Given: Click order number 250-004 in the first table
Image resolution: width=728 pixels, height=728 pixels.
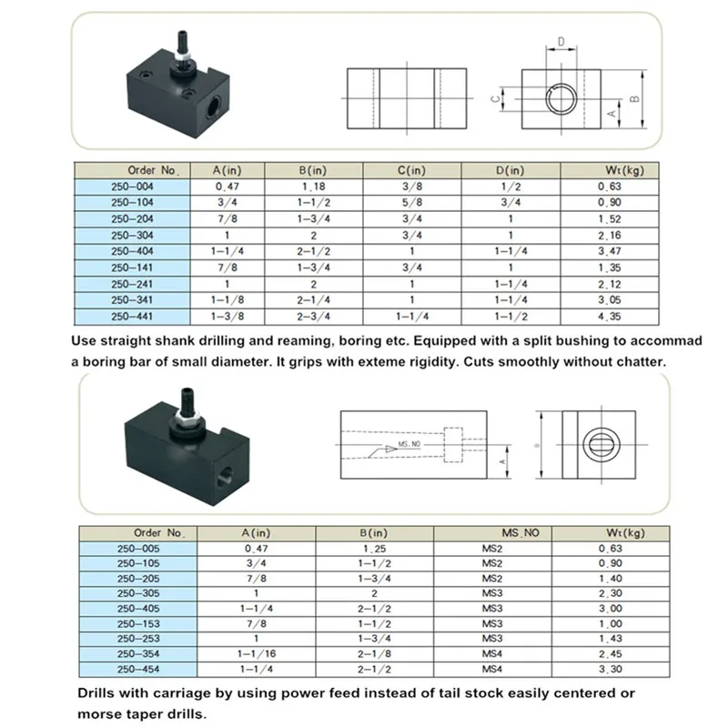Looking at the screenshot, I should [x=132, y=186].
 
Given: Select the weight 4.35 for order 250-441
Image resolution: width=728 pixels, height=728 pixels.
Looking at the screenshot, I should [x=610, y=317].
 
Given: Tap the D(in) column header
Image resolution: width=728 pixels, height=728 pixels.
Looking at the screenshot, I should [x=511, y=170].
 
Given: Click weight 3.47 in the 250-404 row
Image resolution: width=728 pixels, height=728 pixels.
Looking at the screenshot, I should [x=610, y=250].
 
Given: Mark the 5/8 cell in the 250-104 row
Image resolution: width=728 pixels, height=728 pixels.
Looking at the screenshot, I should [x=411, y=202].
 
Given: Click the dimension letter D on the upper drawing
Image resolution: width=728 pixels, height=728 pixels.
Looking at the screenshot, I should [x=562, y=42].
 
